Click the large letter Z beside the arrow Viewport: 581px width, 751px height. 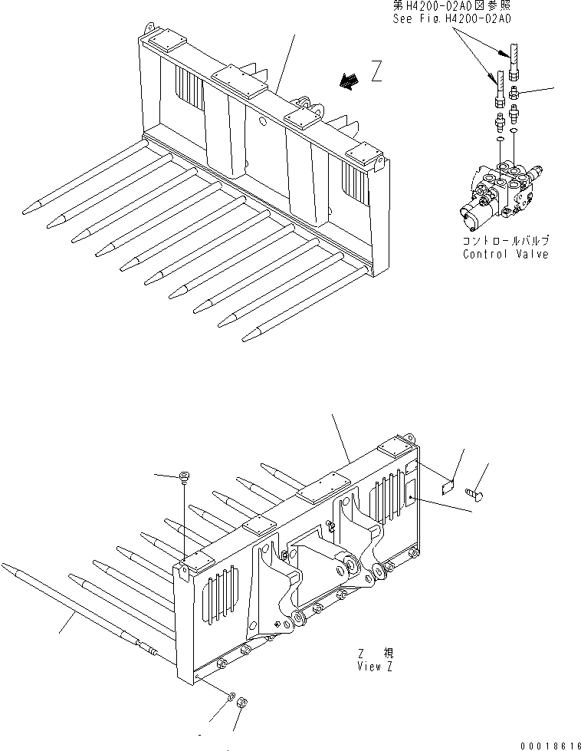pos(376,73)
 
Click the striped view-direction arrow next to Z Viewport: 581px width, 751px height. pos(350,81)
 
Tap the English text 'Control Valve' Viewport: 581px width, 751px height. pos(505,254)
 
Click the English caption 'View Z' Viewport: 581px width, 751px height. pos(375,666)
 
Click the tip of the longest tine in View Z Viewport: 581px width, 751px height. pos(6,566)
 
